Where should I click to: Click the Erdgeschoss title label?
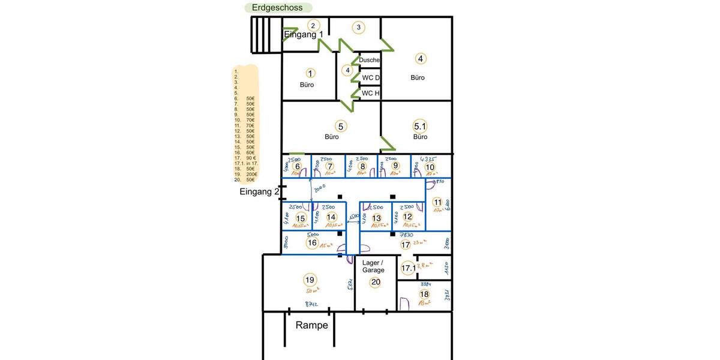click(278, 8)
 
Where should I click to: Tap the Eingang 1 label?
click(304, 35)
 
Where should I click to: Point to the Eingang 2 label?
click(259, 192)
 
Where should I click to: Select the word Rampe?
click(312, 325)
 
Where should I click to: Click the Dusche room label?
click(370, 60)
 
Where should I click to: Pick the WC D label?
click(371, 77)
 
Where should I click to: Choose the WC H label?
click(371, 93)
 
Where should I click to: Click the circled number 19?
click(310, 280)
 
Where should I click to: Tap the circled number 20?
click(376, 283)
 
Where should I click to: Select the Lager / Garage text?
click(373, 266)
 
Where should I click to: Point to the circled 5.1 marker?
click(420, 126)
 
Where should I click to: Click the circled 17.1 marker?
click(408, 268)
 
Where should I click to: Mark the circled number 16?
click(312, 243)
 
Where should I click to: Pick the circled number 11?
click(437, 202)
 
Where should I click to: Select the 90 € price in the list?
click(251, 158)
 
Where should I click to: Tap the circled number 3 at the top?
click(359, 27)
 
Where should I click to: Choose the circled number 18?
click(424, 294)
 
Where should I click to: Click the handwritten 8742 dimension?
click(311, 304)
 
